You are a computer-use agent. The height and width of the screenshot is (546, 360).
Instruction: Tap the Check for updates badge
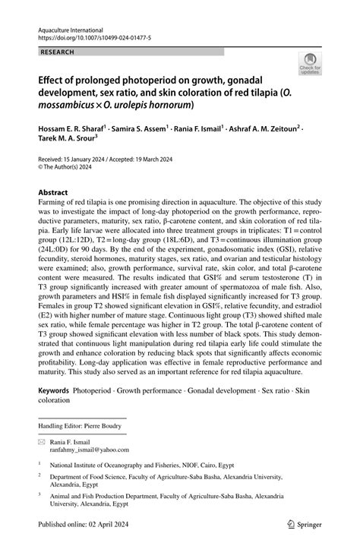pos(310,65)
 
